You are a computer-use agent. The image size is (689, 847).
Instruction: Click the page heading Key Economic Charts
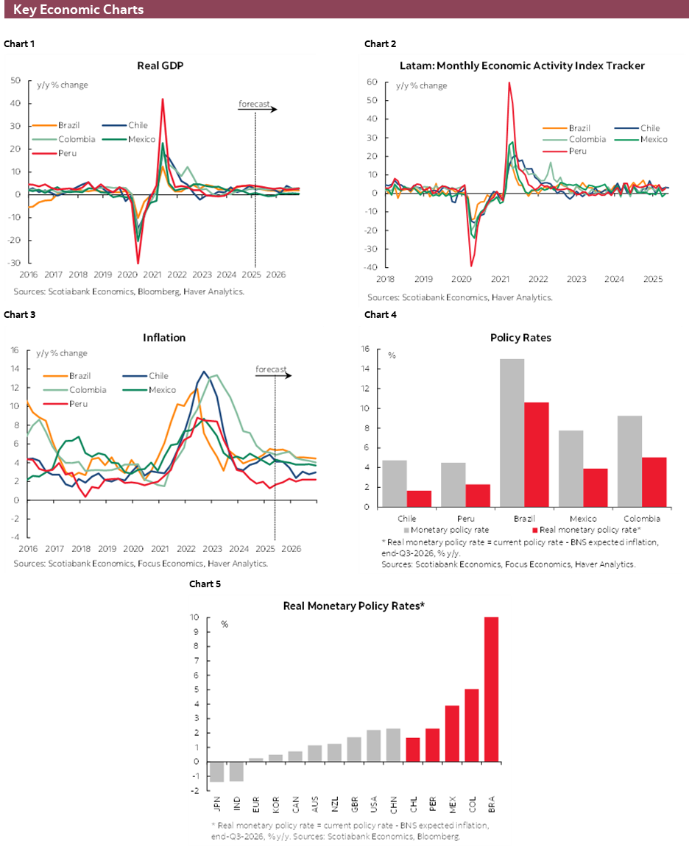click(78, 10)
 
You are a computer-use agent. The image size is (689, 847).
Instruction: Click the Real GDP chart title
click(160, 65)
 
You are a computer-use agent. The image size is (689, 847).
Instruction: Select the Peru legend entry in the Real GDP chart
click(65, 153)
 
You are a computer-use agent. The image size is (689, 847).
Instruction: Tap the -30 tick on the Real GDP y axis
click(15, 263)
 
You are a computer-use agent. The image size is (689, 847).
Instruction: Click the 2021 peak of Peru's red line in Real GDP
click(162, 100)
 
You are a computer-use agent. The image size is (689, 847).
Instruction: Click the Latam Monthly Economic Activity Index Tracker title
click(522, 65)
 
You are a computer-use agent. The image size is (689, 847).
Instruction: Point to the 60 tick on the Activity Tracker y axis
click(372, 82)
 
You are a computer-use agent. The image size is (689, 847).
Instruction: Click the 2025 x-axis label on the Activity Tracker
click(651, 279)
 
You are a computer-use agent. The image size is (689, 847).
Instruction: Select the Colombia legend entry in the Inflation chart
click(88, 390)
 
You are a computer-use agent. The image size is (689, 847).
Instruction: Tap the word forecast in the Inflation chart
click(271, 369)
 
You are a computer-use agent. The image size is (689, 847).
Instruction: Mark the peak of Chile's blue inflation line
click(204, 372)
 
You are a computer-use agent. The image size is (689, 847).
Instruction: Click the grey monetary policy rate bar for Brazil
click(512, 433)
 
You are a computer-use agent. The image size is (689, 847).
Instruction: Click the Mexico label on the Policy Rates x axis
click(582, 518)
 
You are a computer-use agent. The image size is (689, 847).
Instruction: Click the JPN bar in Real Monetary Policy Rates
click(217, 771)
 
